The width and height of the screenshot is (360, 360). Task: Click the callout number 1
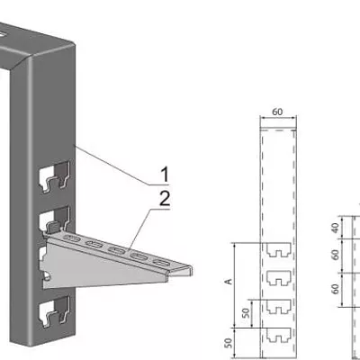coord(165,175)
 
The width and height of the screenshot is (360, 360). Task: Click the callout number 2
coord(165,198)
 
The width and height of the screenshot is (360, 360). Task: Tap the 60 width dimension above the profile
coord(277,112)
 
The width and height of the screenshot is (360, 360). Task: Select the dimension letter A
coord(229,282)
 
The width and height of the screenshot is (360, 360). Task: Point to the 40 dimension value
coord(335,228)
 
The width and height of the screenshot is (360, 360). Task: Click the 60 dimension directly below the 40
coord(335,255)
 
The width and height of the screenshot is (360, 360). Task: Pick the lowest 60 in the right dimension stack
coord(335,289)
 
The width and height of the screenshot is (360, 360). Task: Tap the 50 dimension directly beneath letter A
coord(229,343)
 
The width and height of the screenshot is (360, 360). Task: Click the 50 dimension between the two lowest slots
coord(246,313)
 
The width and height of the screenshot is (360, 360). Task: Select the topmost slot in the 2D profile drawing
coord(279,248)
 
